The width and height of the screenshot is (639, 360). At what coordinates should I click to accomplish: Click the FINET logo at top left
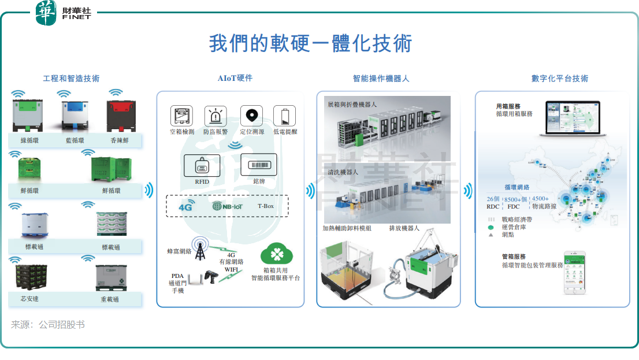64,13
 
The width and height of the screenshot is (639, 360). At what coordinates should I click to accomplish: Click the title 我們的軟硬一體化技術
310,44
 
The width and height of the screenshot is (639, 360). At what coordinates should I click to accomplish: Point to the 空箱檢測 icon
181,116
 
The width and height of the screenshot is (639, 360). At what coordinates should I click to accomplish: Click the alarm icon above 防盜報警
216,116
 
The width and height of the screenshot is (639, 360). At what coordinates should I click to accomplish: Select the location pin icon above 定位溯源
250,116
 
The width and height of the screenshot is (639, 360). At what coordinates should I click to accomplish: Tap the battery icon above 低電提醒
284,116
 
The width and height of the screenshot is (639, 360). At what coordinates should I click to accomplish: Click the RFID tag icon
202,165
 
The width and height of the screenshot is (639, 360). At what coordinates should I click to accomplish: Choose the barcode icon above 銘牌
262,165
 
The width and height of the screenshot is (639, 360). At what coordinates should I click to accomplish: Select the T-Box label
266,206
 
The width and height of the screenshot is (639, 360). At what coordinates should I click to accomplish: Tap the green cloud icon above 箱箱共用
274,253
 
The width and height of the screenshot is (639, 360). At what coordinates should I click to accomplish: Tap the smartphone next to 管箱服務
575,272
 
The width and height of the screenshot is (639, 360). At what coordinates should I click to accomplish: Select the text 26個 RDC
493,202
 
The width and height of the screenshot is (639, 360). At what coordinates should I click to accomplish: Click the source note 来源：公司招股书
48,325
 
